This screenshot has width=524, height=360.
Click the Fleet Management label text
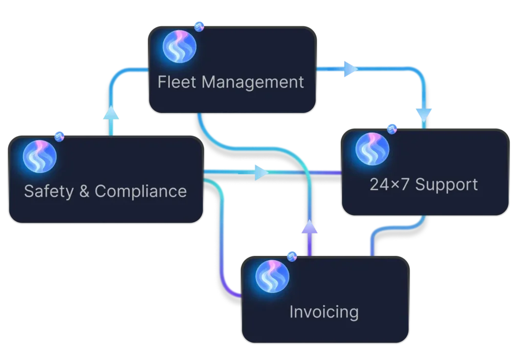pos(231,82)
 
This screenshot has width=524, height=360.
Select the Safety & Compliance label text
pos(105,192)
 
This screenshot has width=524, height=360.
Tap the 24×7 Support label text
pos(424,184)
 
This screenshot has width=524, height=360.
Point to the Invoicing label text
pos(324,311)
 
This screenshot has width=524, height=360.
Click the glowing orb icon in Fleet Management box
pos(179,46)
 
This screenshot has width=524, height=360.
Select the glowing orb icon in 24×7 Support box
pos(373,149)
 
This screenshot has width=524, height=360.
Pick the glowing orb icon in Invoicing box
pos(272,277)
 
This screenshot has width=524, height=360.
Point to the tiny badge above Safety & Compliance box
pos(59,136)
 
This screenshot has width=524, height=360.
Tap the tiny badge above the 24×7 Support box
pos(392,128)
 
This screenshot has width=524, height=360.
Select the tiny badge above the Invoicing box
pos(292,256)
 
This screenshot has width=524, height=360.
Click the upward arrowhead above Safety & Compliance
pos(113,114)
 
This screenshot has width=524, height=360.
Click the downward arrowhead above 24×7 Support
pos(424,112)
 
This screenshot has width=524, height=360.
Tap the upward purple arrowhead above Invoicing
pos(309,227)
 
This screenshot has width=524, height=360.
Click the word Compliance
pos(141,192)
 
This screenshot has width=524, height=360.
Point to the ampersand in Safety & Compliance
pos(81,192)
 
